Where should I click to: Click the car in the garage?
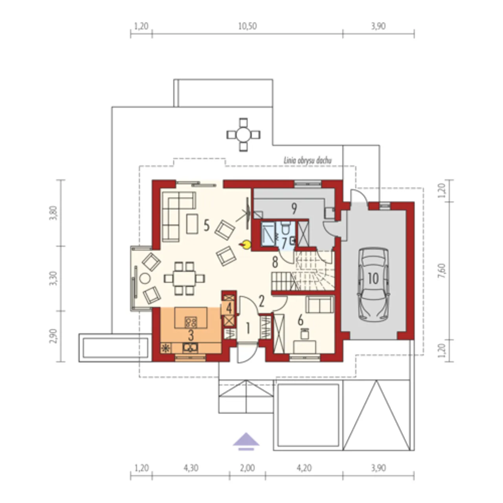click(x=374, y=284)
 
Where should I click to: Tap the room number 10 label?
click(x=373, y=279)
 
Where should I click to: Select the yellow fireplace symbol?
click(x=245, y=245)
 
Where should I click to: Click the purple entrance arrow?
click(x=246, y=441)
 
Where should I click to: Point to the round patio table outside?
click(x=243, y=135)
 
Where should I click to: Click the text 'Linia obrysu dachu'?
click(x=308, y=160)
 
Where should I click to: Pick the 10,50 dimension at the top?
click(x=248, y=26)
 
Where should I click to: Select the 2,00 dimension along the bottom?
click(x=248, y=468)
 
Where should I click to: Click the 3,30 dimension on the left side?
click(x=53, y=279)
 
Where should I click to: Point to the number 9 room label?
click(x=294, y=208)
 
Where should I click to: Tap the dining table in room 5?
click(x=185, y=278)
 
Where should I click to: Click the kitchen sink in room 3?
click(x=190, y=348)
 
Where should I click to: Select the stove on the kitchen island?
click(x=191, y=322)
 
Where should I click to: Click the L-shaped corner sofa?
click(x=179, y=217)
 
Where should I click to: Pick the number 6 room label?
click(x=301, y=320)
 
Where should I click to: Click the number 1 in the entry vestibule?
click(x=248, y=329)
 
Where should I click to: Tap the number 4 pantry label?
click(x=229, y=309)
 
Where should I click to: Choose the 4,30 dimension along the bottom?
click(x=191, y=468)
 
